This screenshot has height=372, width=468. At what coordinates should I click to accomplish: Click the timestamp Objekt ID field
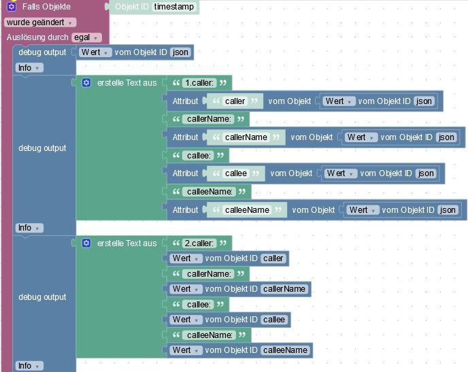[175, 7]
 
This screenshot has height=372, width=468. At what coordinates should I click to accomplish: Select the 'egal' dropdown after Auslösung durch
[86, 37]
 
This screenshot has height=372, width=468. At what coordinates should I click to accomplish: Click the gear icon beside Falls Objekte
[11, 7]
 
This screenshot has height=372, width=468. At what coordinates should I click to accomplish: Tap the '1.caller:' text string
[199, 83]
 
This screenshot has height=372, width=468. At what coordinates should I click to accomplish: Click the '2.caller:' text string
[199, 243]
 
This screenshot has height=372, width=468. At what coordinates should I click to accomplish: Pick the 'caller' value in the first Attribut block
[235, 101]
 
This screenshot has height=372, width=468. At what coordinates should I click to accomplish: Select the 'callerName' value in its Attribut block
[246, 137]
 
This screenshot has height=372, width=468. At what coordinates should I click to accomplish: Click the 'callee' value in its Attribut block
[235, 173]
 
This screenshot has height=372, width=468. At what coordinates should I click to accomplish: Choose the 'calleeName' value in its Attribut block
[247, 210]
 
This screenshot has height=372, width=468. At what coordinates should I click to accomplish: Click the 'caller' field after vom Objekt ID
[273, 258]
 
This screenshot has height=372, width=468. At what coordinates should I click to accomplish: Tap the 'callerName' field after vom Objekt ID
[284, 289]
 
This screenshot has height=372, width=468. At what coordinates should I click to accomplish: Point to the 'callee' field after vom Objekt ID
[273, 320]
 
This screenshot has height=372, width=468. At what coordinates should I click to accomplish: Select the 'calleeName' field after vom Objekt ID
[285, 350]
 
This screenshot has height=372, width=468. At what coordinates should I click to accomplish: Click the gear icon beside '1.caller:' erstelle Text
[86, 83]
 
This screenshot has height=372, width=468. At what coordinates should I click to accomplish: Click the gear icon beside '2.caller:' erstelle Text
[86, 243]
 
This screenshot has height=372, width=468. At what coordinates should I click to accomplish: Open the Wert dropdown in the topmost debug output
[95, 52]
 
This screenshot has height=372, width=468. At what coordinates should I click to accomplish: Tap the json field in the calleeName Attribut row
[448, 210]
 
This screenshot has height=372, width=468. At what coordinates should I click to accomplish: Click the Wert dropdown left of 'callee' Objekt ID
[186, 320]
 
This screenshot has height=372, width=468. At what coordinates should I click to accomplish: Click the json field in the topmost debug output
[180, 52]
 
